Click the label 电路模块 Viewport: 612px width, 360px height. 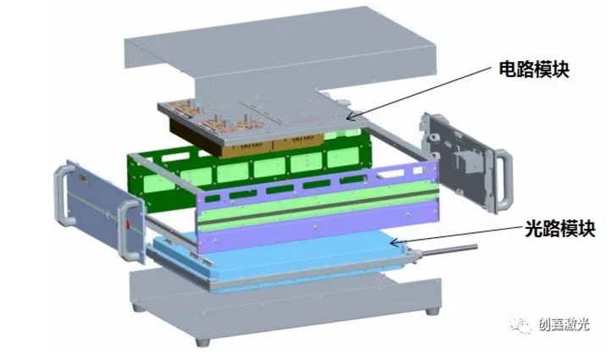click(x=534, y=69)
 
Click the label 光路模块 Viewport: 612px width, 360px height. click(x=560, y=229)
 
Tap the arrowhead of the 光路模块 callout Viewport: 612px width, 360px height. click(x=394, y=243)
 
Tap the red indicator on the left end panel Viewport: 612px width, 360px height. click(x=128, y=225)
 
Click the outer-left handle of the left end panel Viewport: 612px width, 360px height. click(x=64, y=195)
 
